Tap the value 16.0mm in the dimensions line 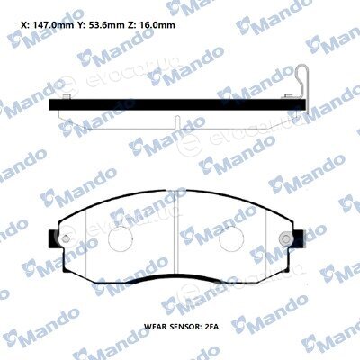point(157,25)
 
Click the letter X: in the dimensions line point(26,25)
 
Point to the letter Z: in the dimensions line point(132,25)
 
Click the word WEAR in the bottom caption point(155,327)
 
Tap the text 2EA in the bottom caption point(211,327)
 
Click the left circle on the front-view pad point(120,239)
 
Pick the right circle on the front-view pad point(231,239)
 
